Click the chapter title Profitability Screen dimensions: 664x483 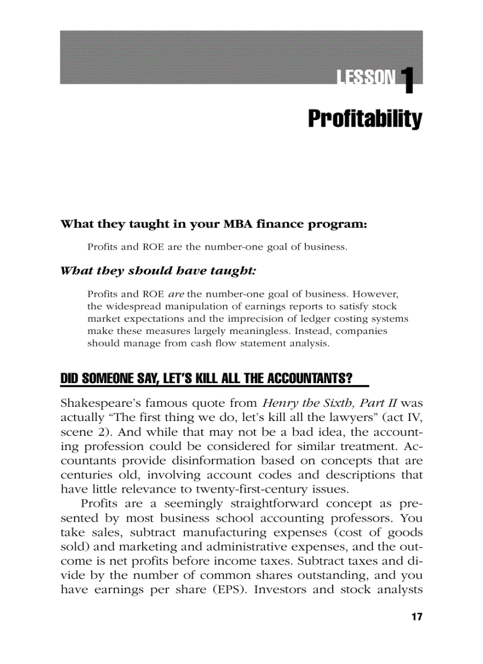tap(365, 119)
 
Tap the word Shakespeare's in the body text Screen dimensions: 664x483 tap(96, 404)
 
